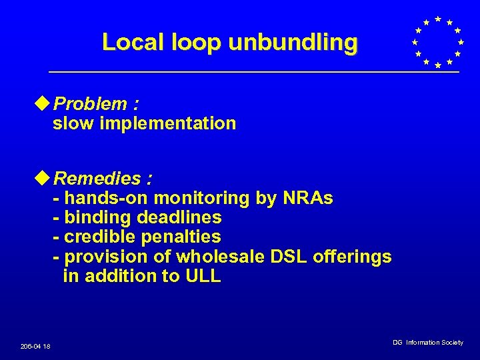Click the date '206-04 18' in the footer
pos(35,346)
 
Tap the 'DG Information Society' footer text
pos(427,342)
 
